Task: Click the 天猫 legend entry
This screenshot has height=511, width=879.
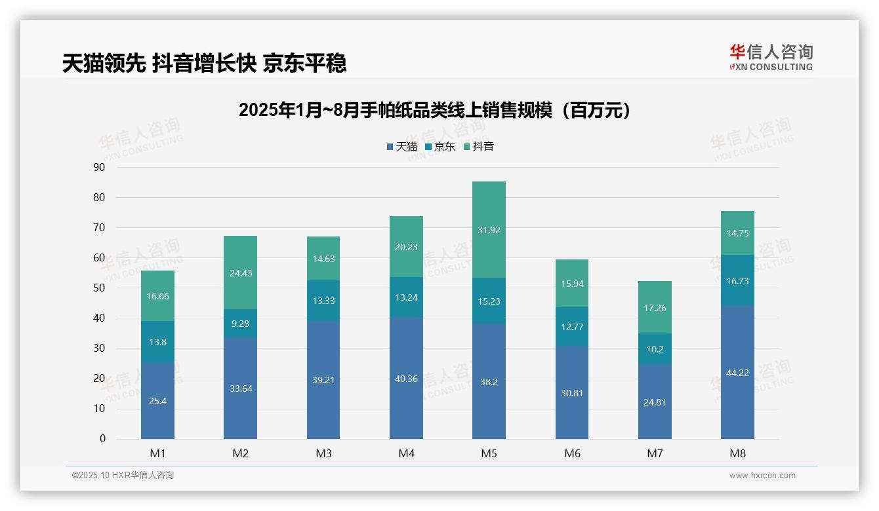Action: [402, 147]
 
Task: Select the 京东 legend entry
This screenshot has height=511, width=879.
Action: [440, 147]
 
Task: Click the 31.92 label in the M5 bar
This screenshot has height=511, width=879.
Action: [489, 230]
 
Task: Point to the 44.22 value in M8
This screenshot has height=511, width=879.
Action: [737, 373]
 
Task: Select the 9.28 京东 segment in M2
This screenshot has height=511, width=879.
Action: [240, 324]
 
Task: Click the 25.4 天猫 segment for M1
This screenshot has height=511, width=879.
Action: [157, 401]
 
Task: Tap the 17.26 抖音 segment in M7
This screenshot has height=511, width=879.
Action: [655, 308]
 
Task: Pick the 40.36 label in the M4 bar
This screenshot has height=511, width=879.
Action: [406, 379]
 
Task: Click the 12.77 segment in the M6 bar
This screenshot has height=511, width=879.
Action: [572, 327]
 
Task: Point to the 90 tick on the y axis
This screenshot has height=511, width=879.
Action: [99, 167]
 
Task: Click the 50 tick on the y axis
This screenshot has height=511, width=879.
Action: [99, 288]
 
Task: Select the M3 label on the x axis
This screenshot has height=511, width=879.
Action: [323, 453]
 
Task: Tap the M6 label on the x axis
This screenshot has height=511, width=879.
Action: [572, 453]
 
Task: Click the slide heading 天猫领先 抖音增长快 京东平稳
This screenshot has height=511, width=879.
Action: [204, 64]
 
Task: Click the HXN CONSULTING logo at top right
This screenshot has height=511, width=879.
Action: [771, 58]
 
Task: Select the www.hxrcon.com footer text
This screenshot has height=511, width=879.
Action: [762, 476]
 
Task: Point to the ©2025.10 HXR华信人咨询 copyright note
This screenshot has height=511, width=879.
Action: [123, 476]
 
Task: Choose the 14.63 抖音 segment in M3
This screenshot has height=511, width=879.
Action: [323, 259]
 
